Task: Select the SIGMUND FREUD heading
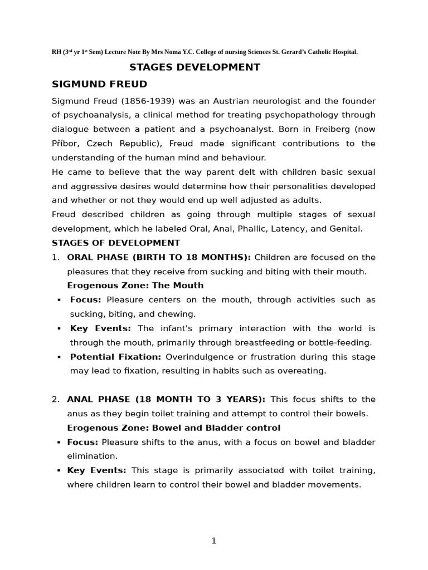point(99,85)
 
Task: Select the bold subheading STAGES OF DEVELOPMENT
point(116,243)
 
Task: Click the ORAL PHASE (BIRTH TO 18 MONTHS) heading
point(158,257)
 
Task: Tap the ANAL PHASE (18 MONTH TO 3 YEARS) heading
point(166,400)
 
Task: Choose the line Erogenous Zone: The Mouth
point(135,286)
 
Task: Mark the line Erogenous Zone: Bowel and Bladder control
point(173,428)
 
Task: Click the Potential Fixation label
point(115,357)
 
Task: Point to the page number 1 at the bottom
point(214,541)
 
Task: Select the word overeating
point(305,371)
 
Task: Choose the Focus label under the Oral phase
point(85,300)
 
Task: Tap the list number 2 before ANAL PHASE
point(55,400)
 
